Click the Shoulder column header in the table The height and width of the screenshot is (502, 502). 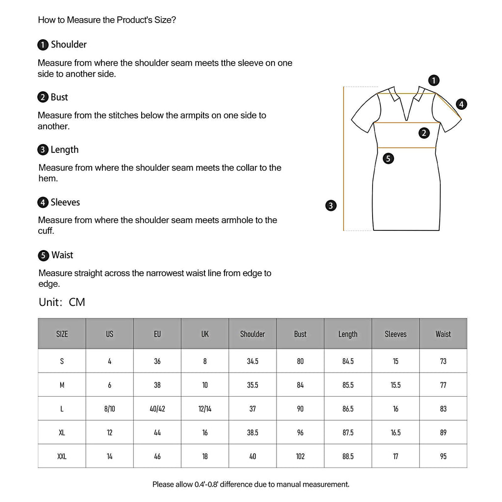tap(252, 334)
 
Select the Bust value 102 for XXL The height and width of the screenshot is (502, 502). tap(300, 456)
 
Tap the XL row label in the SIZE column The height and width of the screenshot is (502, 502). tap(62, 433)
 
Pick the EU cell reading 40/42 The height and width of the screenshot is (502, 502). tap(157, 409)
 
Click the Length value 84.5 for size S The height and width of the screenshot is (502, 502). tap(348, 361)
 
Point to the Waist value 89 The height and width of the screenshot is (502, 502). tap(443, 433)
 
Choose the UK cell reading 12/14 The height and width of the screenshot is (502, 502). tap(205, 409)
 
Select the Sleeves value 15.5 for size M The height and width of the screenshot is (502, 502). tap(396, 385)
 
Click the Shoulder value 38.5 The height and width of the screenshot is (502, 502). tap(252, 433)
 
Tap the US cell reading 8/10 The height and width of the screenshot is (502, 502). tap(109, 409)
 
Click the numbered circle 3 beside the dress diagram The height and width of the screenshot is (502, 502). tap(331, 206)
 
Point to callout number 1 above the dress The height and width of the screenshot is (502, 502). tap(433, 80)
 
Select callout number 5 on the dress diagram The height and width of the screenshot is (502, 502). tap(388, 158)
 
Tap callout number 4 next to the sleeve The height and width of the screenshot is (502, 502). tap(461, 104)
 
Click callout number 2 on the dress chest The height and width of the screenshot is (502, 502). tap(424, 132)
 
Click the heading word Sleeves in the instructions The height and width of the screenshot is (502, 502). tap(65, 202)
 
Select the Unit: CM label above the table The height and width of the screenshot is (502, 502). tap(62, 302)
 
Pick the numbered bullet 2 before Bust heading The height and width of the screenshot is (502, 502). tap(43, 98)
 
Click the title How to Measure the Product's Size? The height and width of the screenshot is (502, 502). tap(107, 21)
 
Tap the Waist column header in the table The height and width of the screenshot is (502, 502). tap(443, 334)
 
